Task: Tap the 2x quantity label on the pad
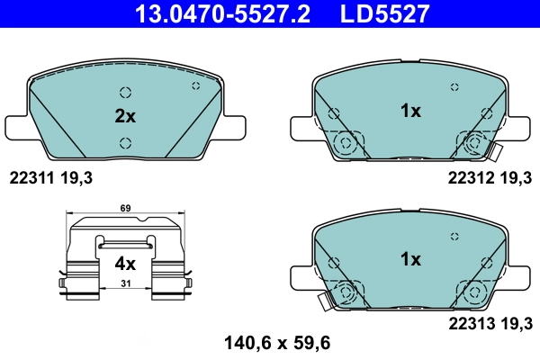124,116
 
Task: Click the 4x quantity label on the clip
124,264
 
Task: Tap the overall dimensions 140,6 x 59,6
269,342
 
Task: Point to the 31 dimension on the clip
124,284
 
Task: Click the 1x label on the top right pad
410,111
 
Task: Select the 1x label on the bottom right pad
410,259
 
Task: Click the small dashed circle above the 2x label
125,92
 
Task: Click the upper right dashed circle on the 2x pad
196,85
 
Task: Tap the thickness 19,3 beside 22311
77,178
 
